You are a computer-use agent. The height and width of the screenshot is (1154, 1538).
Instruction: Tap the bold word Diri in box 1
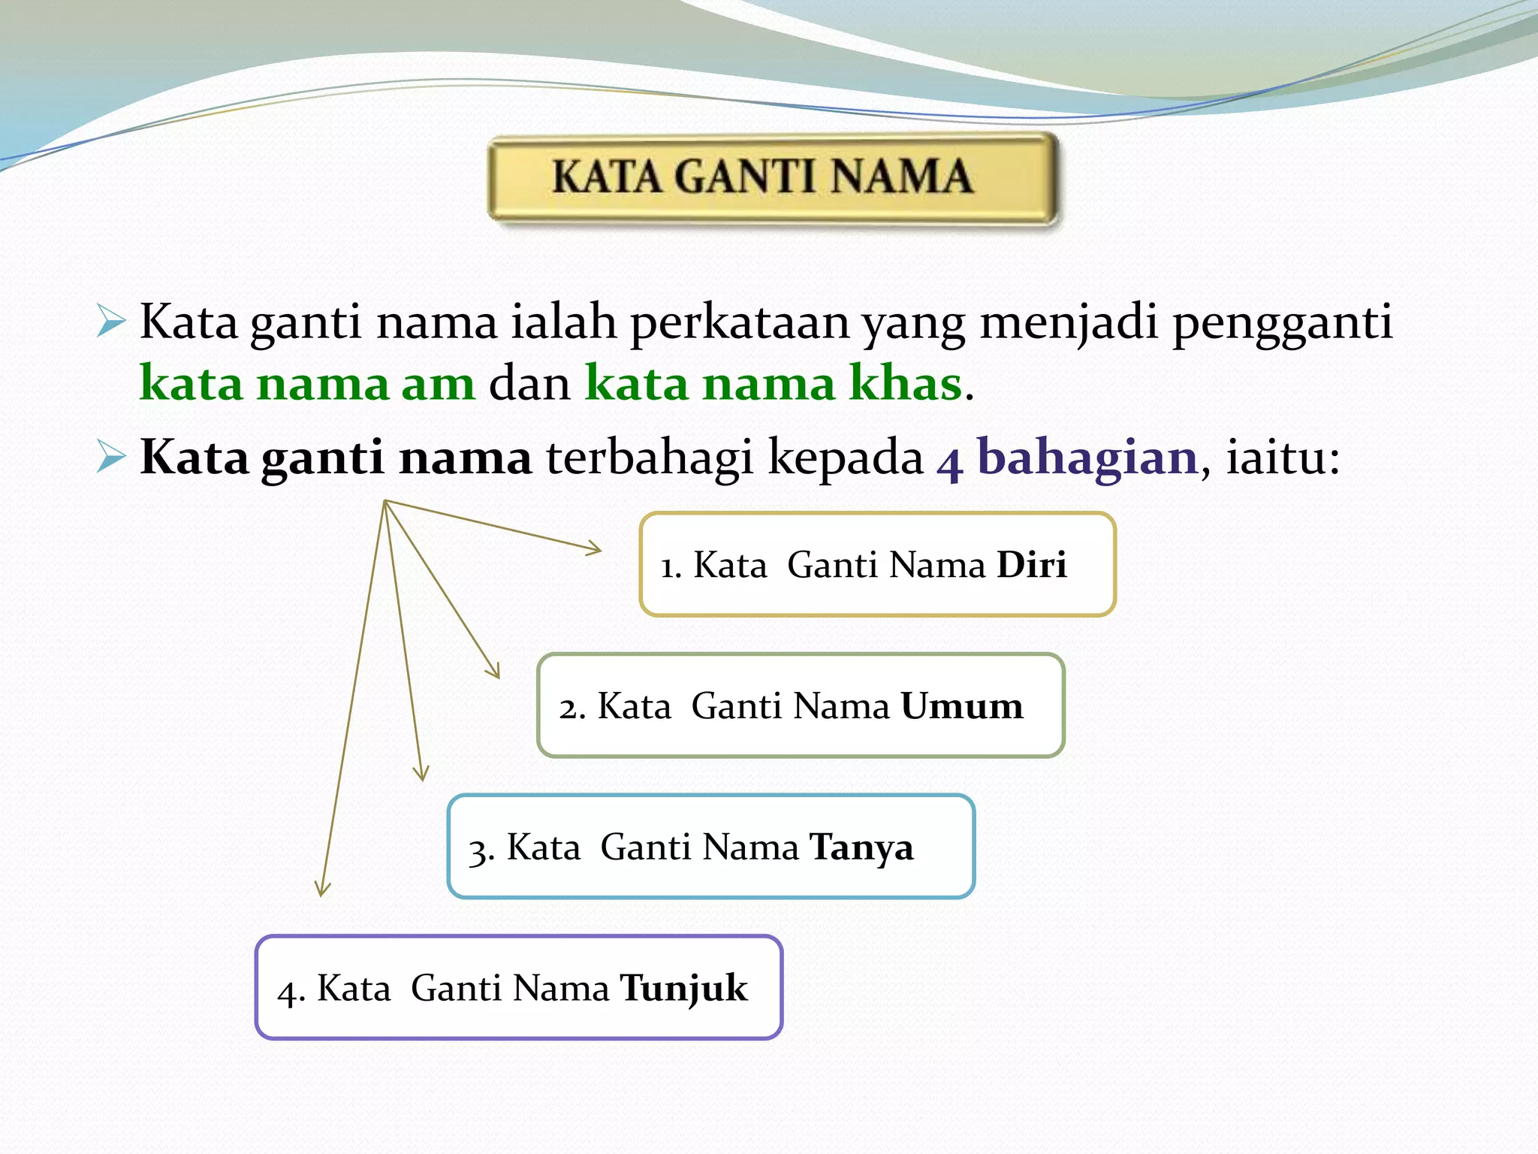[x=1031, y=565]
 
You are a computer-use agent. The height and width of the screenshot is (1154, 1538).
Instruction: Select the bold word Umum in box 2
[x=961, y=706]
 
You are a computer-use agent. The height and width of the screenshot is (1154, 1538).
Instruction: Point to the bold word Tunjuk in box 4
[x=683, y=989]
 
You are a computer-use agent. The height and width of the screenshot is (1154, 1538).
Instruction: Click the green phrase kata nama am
[x=308, y=384]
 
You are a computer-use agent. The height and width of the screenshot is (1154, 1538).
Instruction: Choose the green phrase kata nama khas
[x=774, y=384]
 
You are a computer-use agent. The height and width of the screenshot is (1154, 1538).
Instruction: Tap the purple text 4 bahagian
[x=1066, y=458]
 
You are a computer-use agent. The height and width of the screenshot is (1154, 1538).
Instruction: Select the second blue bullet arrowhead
[x=111, y=457]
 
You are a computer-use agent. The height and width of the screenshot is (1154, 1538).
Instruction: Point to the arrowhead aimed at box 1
[x=595, y=549]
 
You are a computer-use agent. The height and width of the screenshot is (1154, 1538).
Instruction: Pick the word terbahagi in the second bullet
[x=649, y=458]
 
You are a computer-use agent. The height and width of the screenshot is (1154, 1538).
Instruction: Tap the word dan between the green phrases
[x=529, y=384]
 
